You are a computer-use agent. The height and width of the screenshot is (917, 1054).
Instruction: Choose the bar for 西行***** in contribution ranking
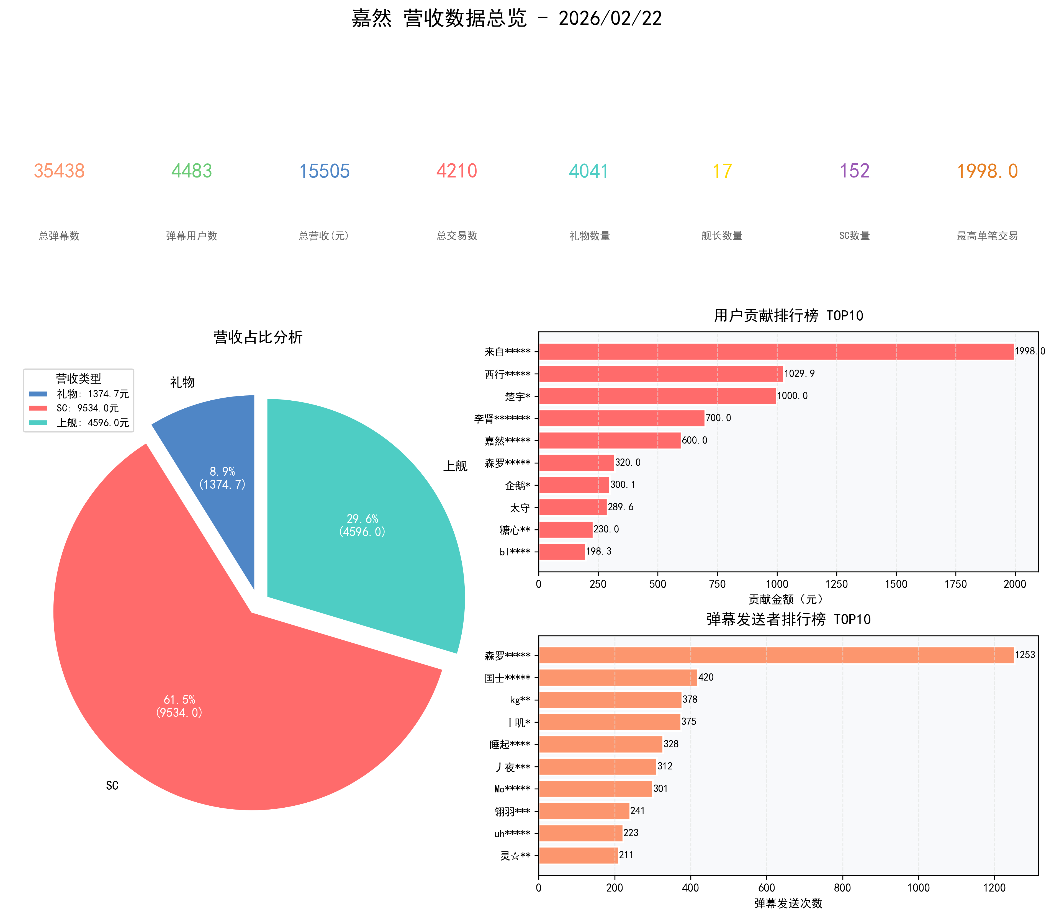click(x=660, y=374)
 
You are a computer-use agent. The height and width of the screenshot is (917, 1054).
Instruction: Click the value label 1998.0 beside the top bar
click(x=1029, y=352)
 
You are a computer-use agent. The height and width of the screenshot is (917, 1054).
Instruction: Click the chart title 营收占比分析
click(x=258, y=337)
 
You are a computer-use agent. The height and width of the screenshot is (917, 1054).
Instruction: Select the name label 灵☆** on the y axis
click(x=515, y=856)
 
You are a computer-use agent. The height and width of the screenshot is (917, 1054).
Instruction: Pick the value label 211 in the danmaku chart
click(x=626, y=855)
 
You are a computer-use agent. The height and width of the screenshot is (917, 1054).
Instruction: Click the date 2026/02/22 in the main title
click(x=610, y=19)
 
